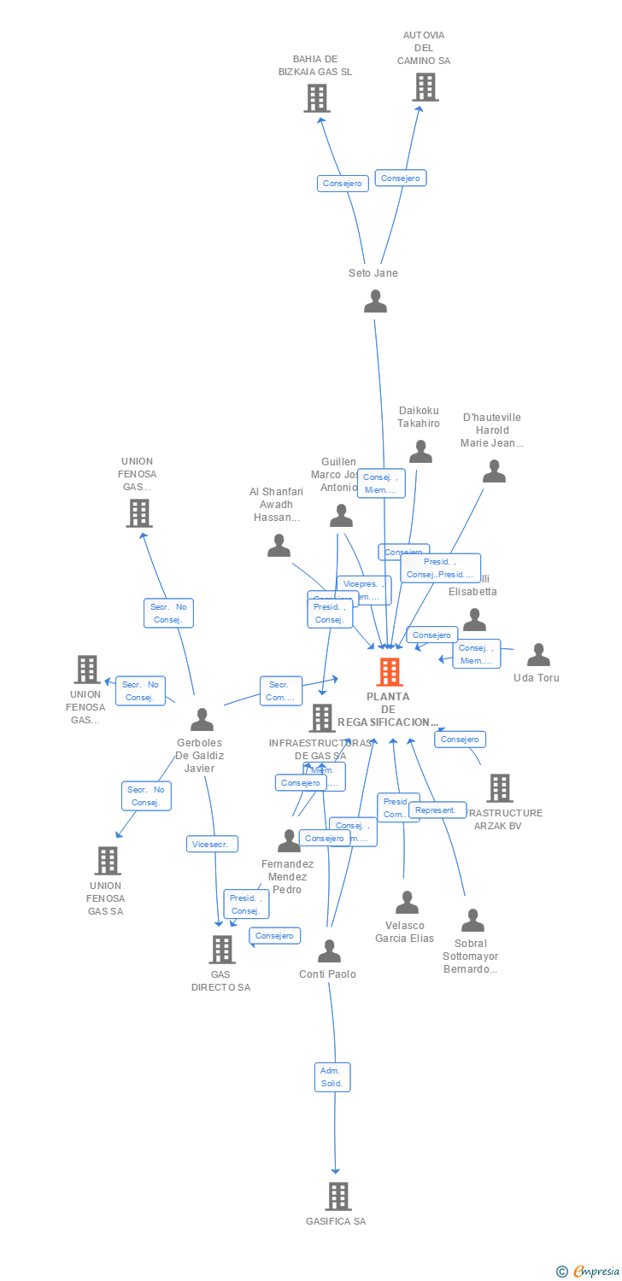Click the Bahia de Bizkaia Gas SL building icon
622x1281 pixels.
(x=317, y=98)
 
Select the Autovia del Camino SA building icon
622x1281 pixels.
(x=425, y=87)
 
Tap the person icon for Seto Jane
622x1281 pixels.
(x=375, y=301)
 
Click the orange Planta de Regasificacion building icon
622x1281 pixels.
(x=390, y=672)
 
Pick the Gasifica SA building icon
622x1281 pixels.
(x=337, y=1196)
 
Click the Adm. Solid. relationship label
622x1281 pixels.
(x=332, y=1077)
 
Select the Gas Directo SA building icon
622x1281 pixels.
(x=221, y=949)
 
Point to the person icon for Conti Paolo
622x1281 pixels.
(x=329, y=951)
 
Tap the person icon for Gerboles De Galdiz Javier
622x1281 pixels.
(x=202, y=719)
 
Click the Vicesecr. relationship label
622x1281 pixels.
(x=212, y=844)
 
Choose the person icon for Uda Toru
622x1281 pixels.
(x=538, y=655)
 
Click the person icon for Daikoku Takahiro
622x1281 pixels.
(x=420, y=452)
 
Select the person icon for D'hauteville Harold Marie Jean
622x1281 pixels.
(x=494, y=471)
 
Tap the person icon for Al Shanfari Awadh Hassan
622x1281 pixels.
(x=279, y=546)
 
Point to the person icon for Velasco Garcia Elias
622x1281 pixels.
(x=407, y=902)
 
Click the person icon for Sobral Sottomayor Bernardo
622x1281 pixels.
(x=472, y=921)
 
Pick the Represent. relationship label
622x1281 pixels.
(x=437, y=810)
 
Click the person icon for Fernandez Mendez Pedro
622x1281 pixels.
(x=289, y=840)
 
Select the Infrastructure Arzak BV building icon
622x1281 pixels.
(x=500, y=787)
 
